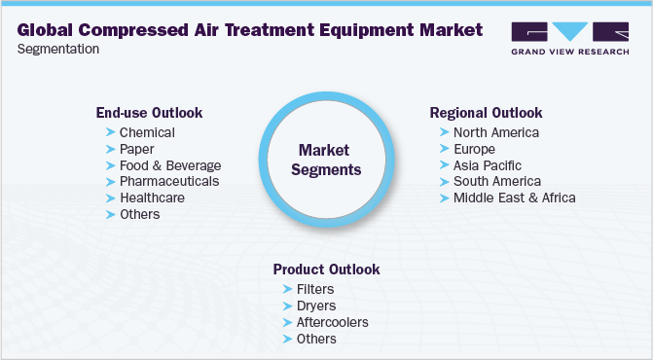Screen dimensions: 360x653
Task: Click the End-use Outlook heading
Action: pyautogui.click(x=149, y=112)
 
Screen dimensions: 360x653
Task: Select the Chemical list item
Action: pyautogui.click(x=147, y=132)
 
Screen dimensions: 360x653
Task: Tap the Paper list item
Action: pyautogui.click(x=136, y=149)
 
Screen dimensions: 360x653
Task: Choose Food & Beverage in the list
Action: pyautogui.click(x=170, y=165)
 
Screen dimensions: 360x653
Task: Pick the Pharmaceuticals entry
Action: pyautogui.click(x=169, y=181)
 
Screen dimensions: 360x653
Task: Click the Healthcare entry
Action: pyautogui.click(x=152, y=198)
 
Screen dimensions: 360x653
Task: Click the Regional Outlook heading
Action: pyautogui.click(x=486, y=113)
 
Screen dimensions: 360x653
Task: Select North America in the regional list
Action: pyautogui.click(x=495, y=132)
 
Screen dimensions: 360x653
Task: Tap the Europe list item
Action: pyautogui.click(x=474, y=149)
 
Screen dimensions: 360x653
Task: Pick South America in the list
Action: pyautogui.click(x=496, y=181)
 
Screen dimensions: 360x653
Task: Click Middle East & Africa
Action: pyautogui.click(x=514, y=198)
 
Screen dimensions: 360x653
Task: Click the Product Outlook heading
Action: pyautogui.click(x=326, y=270)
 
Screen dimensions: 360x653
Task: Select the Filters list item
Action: pyautogui.click(x=315, y=289)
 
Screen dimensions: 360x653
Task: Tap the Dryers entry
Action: pyautogui.click(x=316, y=306)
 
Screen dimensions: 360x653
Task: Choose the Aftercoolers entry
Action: pyautogui.click(x=333, y=322)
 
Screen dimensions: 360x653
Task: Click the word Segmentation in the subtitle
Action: pyautogui.click(x=57, y=49)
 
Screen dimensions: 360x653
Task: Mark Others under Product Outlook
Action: pyautogui.click(x=316, y=339)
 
